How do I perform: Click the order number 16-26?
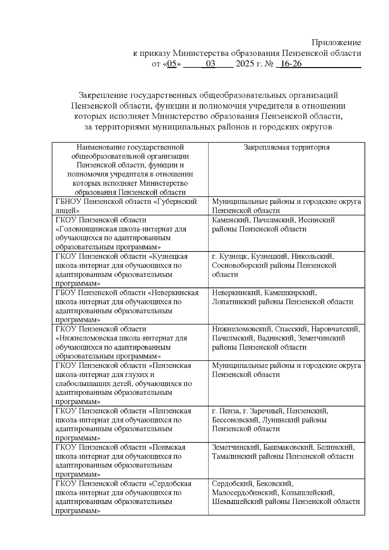point(291,64)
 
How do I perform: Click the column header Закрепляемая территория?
point(287,147)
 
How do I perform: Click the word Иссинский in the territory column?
point(316,220)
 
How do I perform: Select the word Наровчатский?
point(336,329)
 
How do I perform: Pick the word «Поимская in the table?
point(167,447)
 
